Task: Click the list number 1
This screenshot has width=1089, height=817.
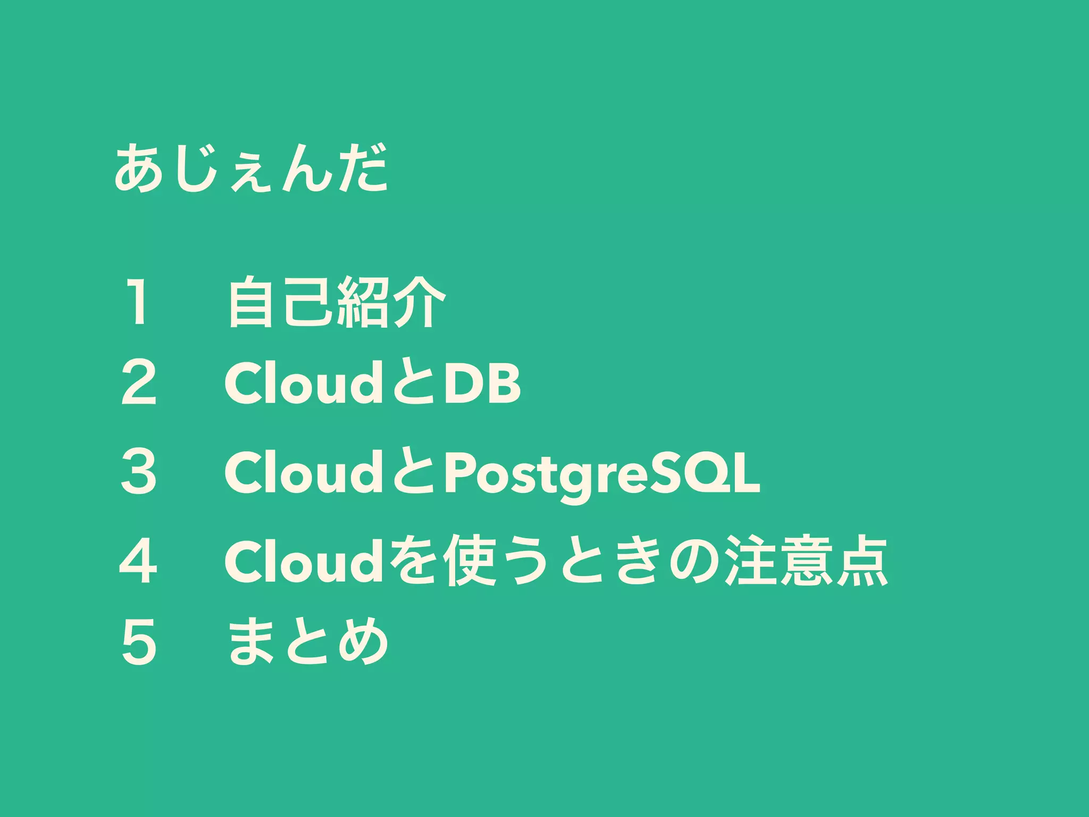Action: click(x=138, y=302)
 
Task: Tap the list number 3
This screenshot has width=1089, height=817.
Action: click(x=139, y=471)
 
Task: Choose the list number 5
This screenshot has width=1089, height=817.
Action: click(x=139, y=641)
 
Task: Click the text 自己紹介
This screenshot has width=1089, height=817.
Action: click(x=337, y=302)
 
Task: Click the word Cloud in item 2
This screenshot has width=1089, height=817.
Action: click(x=304, y=382)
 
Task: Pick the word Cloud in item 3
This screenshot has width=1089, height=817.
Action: click(x=304, y=472)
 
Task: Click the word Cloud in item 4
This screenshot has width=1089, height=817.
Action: click(x=304, y=561)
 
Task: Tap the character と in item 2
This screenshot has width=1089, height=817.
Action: click(x=413, y=382)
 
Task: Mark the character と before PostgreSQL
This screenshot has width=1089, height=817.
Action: click(x=413, y=472)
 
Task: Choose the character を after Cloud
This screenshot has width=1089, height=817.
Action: click(x=413, y=561)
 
